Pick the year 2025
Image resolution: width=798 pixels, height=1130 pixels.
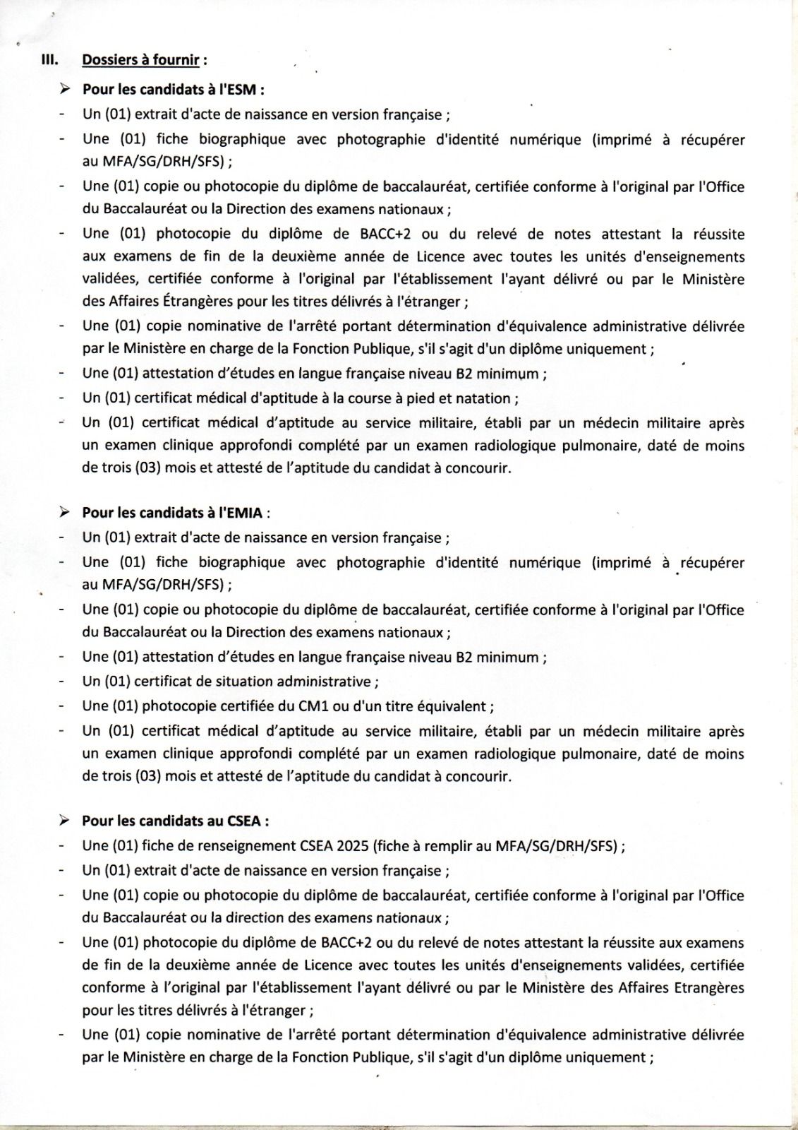click(x=353, y=845)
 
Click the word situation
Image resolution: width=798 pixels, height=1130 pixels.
click(x=240, y=682)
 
